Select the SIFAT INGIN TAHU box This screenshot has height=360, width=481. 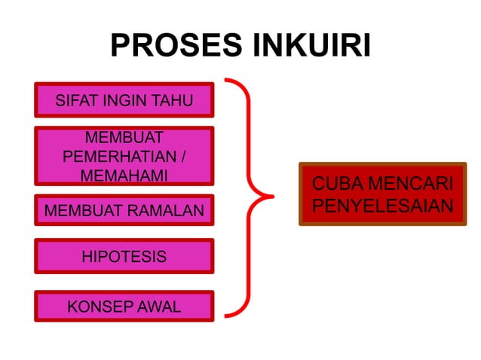[x=124, y=100]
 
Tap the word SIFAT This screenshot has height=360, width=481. [x=73, y=100]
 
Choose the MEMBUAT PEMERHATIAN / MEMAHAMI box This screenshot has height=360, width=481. [x=124, y=156]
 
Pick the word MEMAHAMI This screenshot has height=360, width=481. [x=124, y=175]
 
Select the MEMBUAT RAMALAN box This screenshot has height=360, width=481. [x=124, y=210]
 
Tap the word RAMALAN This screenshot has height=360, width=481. [x=168, y=211]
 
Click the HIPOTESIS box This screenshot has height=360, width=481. [x=124, y=256]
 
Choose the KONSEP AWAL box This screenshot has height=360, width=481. [x=124, y=306]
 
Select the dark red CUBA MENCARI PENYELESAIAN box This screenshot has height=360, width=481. [x=382, y=194]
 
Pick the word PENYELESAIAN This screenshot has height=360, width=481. [x=383, y=205]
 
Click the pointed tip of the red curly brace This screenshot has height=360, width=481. [x=272, y=199]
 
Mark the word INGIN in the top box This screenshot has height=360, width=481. [x=121, y=100]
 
